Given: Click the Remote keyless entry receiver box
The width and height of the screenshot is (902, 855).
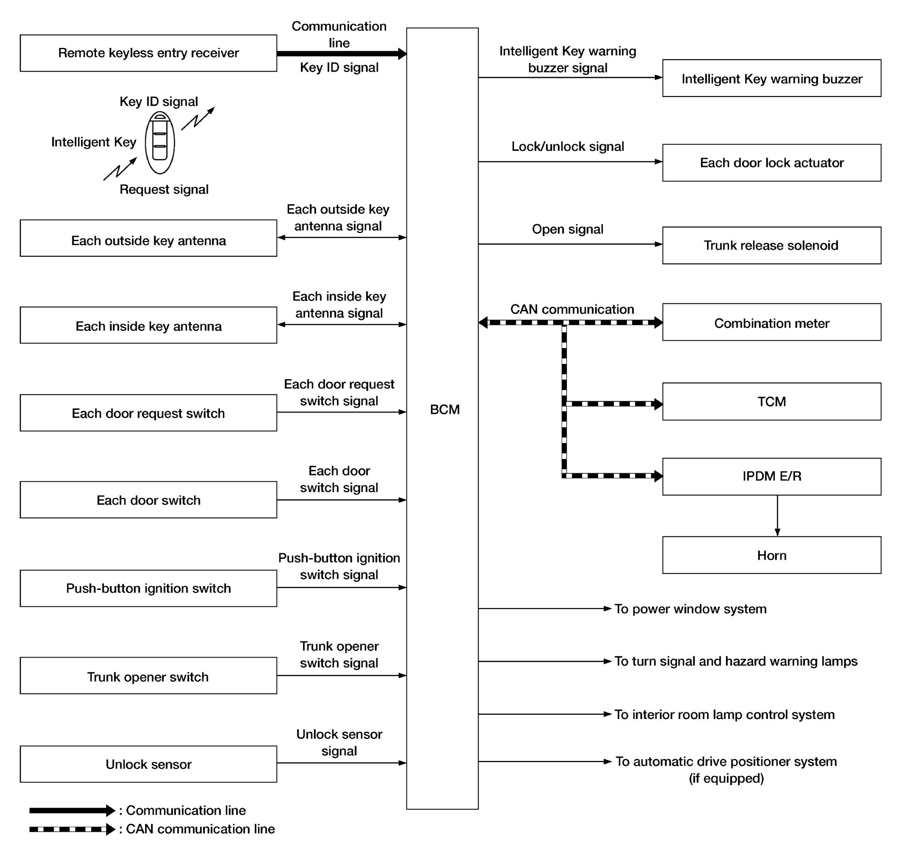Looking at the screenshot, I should coord(148,53).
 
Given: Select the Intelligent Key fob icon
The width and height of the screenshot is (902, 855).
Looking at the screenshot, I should coord(160,143).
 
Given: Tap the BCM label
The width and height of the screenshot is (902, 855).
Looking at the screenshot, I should coord(445,409).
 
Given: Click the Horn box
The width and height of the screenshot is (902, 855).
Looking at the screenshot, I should coord(771,555).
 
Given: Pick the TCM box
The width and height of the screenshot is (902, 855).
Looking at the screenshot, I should coord(771,402).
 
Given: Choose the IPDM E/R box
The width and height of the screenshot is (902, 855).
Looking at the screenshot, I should coord(771,476).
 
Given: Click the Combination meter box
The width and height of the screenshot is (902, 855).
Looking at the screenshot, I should coord(771,323).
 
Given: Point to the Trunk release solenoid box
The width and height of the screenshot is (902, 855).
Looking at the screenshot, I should coord(771,245).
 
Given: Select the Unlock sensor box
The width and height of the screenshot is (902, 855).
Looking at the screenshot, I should coord(148,764).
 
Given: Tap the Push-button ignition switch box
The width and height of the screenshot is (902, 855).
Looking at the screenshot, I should coord(148,589).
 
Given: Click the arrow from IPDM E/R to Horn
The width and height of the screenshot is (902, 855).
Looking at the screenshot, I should coord(777,516).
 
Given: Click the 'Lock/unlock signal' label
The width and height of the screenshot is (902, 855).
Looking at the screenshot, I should coord(567,146).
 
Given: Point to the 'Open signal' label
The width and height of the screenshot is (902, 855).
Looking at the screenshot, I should coord(567,229).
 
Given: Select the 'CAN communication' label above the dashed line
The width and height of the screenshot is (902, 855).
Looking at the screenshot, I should coord(572,309).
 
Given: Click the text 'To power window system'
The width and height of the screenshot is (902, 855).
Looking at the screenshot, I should coord(690,609).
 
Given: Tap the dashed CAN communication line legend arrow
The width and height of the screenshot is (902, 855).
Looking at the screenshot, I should coord(72,829).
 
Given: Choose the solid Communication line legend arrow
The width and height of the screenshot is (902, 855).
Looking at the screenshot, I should coord(72,811).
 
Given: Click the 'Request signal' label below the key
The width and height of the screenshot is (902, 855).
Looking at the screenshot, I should coord(164,189).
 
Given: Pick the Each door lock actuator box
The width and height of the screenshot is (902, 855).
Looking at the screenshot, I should coord(771,163).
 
